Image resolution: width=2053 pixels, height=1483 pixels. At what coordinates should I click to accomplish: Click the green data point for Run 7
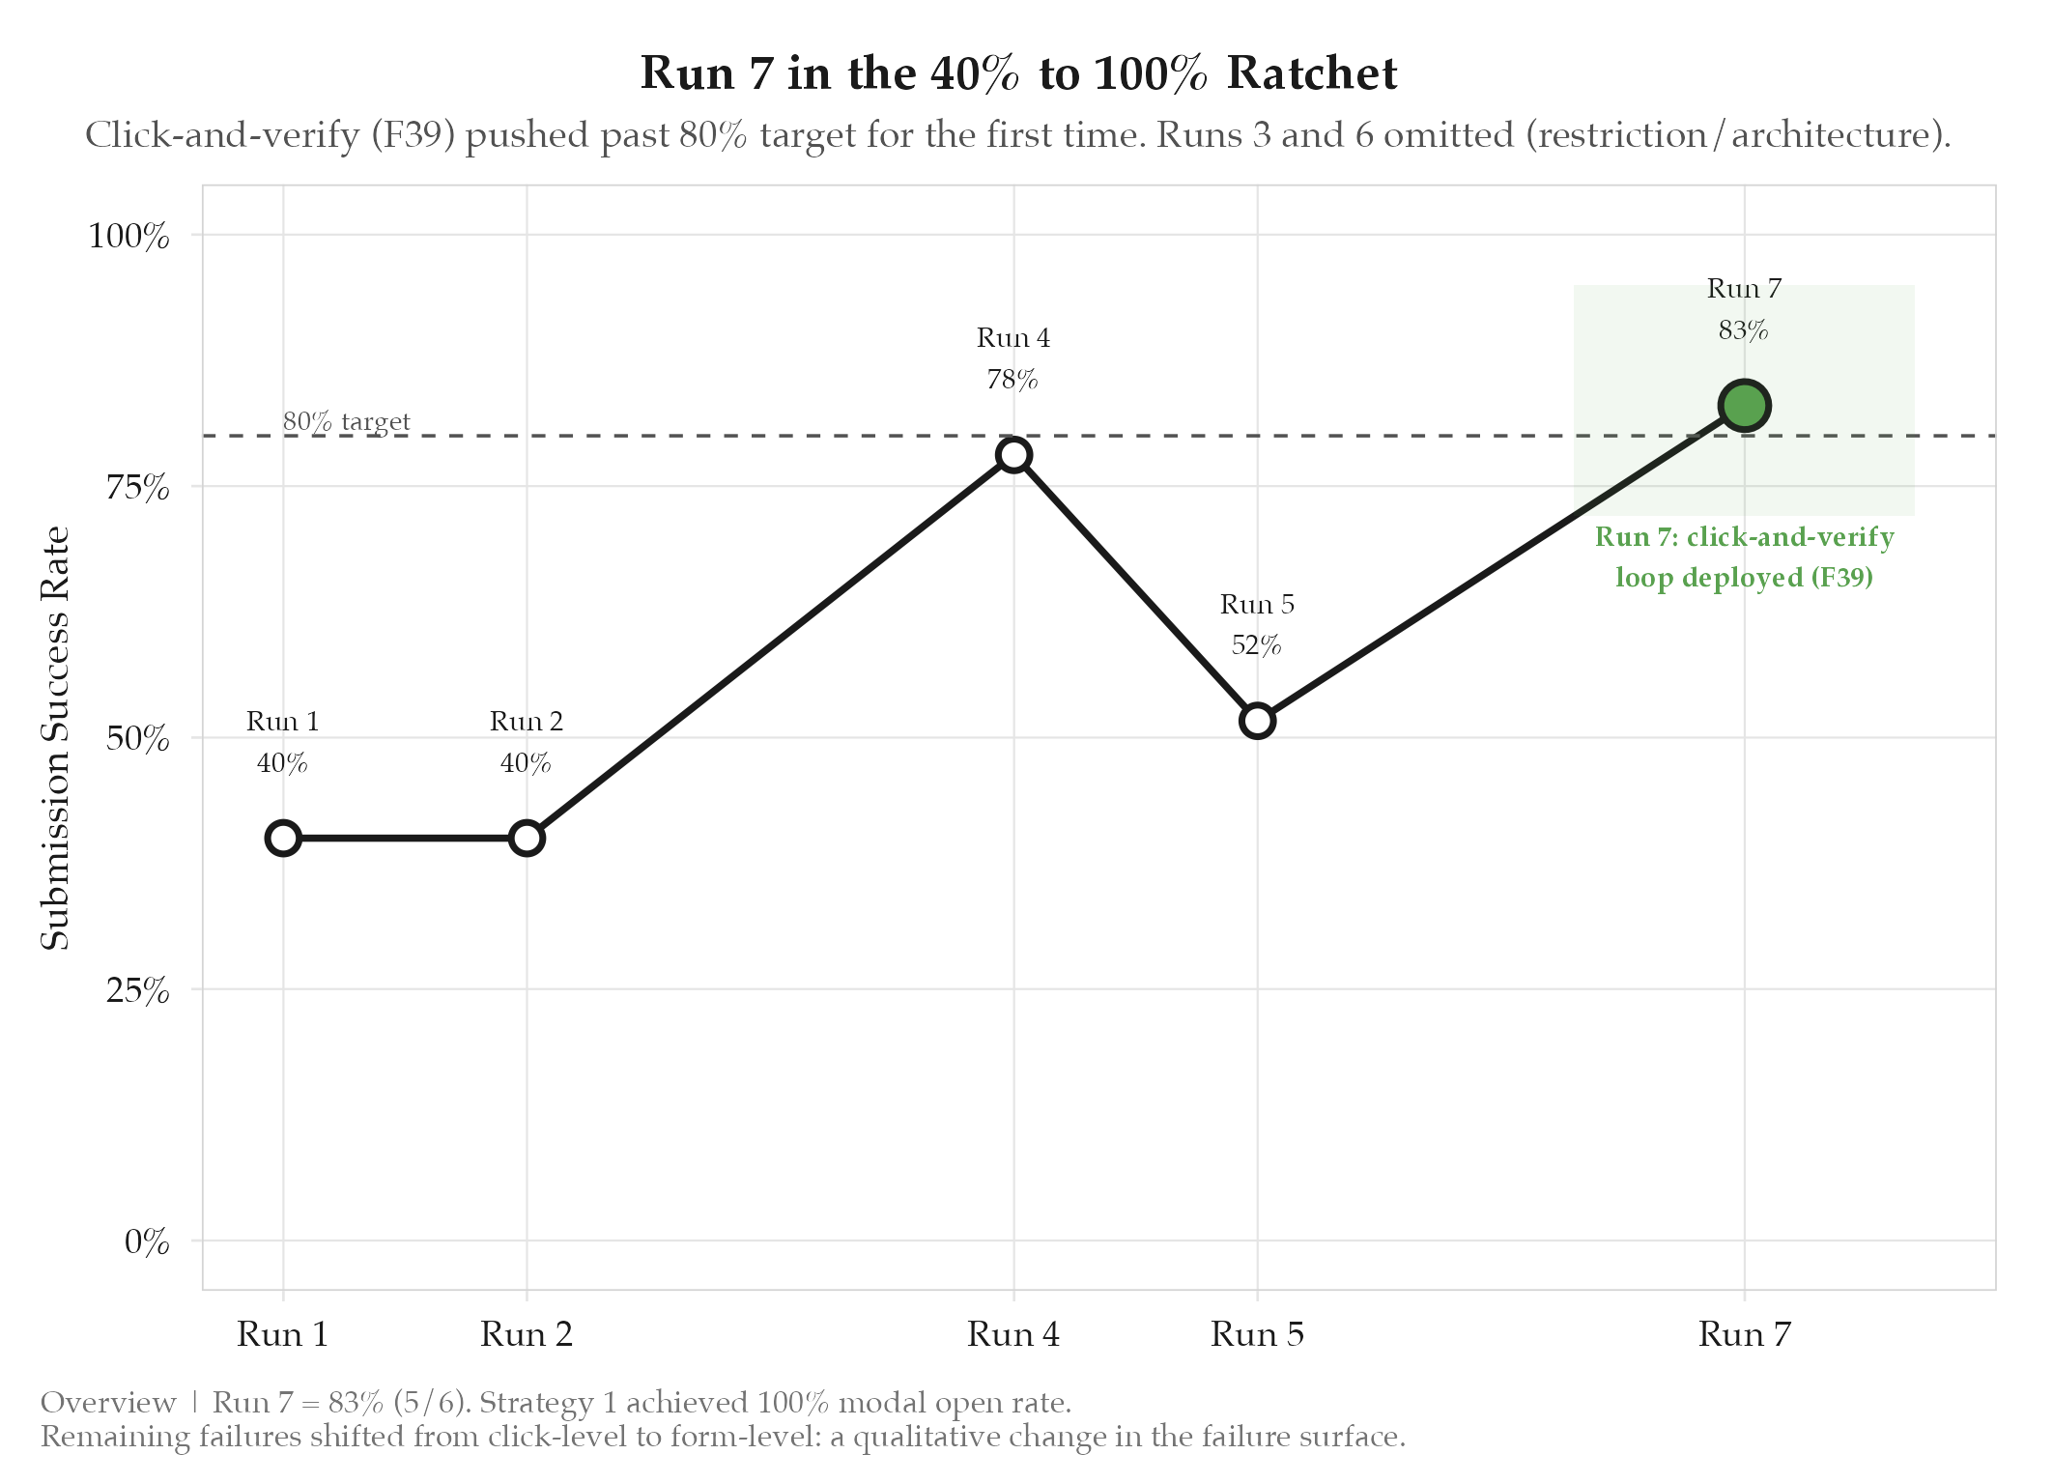tap(1744, 406)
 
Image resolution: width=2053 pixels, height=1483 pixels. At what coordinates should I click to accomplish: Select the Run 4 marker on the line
tap(1013, 455)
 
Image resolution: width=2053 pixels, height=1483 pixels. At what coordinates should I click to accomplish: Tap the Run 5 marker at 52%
tap(1257, 721)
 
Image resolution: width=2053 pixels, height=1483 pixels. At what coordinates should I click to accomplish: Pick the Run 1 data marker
tap(283, 838)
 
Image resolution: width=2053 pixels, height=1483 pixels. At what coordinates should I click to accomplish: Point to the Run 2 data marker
tap(527, 838)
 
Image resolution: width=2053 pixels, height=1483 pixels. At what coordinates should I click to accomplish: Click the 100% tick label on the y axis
tap(128, 236)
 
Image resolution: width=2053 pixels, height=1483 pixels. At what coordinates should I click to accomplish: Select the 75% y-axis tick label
tap(137, 488)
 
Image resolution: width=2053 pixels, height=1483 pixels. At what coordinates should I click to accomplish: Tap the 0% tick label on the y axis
tap(147, 1241)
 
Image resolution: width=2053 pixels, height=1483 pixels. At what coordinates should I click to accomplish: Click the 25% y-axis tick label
tap(137, 990)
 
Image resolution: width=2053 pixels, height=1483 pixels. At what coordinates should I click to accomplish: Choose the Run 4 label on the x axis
tap(1013, 1335)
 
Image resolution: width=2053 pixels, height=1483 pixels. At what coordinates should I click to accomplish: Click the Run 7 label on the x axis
tap(1744, 1335)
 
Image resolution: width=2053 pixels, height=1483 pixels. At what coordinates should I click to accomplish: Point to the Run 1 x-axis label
tap(283, 1335)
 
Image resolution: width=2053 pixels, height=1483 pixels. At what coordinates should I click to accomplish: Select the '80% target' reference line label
tap(346, 422)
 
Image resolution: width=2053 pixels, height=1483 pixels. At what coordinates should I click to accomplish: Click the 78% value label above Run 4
tap(1012, 380)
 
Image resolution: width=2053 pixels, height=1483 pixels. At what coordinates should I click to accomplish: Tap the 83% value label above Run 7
tap(1743, 330)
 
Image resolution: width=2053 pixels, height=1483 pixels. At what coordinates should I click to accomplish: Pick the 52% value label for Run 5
tap(1256, 645)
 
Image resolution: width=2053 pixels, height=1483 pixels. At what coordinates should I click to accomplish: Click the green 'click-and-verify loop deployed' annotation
tap(1744, 557)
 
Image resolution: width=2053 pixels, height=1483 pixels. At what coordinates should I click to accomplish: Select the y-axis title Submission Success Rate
tap(56, 738)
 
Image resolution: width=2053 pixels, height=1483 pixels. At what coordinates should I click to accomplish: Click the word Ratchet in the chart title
tap(1312, 74)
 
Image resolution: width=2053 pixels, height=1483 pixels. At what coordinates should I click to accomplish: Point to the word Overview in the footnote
tap(108, 1403)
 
